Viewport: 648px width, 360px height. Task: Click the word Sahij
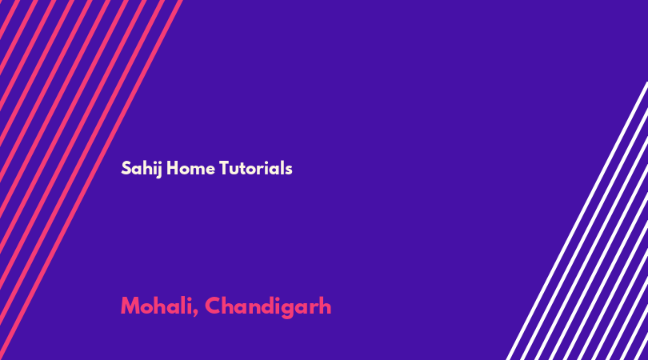click(x=142, y=169)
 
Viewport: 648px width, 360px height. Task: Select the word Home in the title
click(x=190, y=168)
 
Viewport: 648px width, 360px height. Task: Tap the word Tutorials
click(x=255, y=168)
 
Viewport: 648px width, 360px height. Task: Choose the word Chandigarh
click(x=268, y=306)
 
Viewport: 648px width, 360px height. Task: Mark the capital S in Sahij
click(x=126, y=168)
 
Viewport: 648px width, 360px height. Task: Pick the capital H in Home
click(x=172, y=168)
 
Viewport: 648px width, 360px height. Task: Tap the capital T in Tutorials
click(x=225, y=168)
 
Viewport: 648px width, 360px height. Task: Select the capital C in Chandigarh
click(x=214, y=306)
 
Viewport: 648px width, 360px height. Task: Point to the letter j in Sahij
click(x=158, y=170)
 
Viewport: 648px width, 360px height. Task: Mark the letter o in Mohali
click(x=146, y=308)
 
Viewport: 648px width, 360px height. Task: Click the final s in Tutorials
click(x=289, y=170)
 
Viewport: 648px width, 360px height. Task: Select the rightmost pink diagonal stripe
click(x=91, y=180)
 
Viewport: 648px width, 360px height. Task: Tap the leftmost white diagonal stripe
click(x=578, y=221)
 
